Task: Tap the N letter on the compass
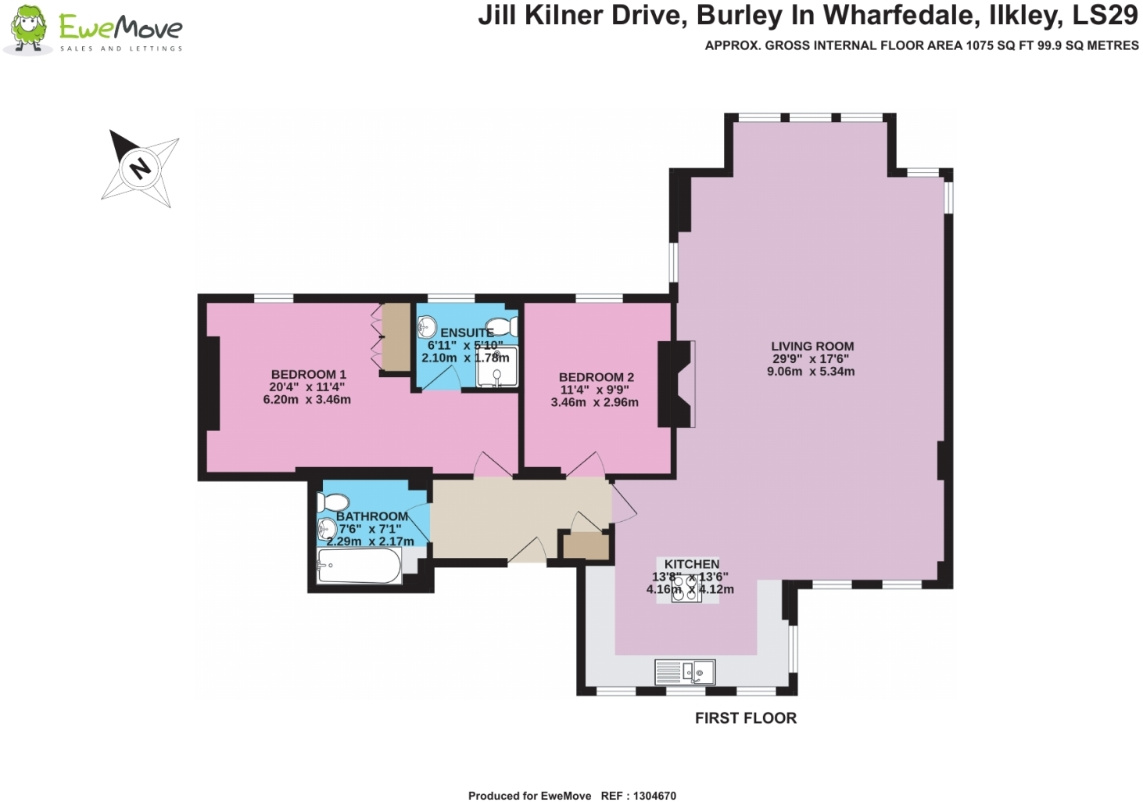coord(140,167)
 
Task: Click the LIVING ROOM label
coord(812,346)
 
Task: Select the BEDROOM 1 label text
coord(308,374)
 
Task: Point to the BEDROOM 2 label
coord(596,377)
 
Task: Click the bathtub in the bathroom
coord(359,566)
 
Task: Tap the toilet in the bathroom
coord(334,502)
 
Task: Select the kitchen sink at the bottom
coord(685,672)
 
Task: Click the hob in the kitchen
coord(686,588)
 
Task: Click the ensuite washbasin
coord(427,325)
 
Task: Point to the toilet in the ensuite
coord(501,326)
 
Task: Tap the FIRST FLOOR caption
coord(745,718)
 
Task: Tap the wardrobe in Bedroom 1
coord(396,337)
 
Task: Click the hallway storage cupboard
coord(586,545)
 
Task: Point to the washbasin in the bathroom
coord(326,530)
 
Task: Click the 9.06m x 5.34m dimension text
coord(811,372)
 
